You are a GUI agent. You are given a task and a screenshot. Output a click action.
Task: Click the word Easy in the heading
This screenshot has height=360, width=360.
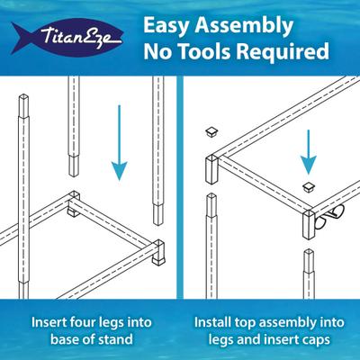click(166, 26)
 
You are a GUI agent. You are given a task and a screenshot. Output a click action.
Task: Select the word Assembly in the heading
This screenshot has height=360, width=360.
click(244, 26)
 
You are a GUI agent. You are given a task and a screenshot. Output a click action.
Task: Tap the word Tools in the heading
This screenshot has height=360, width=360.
click(204, 50)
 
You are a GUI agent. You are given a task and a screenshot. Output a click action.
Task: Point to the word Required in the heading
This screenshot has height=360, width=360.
click(283, 51)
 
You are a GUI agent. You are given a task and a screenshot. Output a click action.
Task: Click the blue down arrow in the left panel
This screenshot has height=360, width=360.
click(120, 142)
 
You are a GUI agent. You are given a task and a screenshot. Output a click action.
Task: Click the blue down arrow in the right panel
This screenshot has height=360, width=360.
click(308, 151)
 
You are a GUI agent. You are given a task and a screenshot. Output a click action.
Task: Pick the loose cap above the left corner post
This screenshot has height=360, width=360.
click(212, 131)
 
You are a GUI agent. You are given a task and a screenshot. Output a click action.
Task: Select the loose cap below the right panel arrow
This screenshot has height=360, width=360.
click(310, 187)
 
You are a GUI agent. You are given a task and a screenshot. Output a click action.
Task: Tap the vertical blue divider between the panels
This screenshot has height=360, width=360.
click(179, 187)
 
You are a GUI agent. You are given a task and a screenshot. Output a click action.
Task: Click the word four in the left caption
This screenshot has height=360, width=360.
click(83, 323)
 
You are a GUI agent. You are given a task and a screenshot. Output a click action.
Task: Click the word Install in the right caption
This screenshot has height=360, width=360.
click(211, 322)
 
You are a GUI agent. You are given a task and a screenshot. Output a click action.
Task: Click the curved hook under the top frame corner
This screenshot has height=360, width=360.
click(329, 216)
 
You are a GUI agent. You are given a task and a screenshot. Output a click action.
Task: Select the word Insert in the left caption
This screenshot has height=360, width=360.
click(49, 323)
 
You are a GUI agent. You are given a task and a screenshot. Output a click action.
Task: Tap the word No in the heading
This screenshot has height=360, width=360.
click(159, 51)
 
